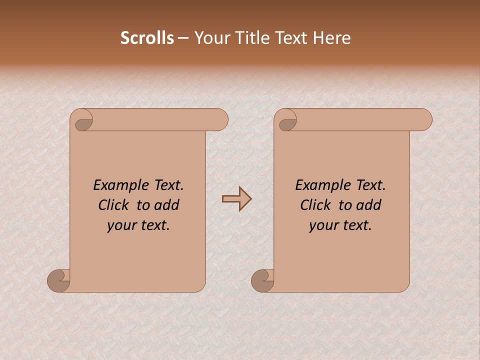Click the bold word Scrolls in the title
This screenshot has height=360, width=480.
point(147,38)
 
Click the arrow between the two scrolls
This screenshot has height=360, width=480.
point(236,199)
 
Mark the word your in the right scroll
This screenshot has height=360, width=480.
point(322,225)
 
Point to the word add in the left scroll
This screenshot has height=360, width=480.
point(168,205)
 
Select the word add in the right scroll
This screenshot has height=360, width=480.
point(370,205)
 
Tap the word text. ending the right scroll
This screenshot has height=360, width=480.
point(356,225)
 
